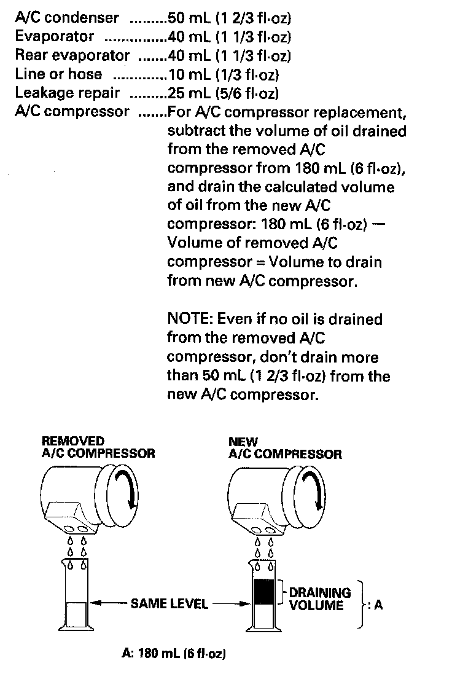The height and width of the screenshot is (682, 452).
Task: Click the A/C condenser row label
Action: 67,18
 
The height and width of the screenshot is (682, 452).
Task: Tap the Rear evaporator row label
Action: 72,57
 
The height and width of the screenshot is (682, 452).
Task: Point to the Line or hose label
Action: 58,76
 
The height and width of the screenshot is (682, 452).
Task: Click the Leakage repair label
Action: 67,94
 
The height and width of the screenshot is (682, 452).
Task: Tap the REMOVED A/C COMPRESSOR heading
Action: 98,448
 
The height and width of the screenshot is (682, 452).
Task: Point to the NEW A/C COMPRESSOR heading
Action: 285,448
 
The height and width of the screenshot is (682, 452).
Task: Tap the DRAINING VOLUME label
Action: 320,598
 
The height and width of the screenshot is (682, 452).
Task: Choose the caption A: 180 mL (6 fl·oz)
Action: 173,654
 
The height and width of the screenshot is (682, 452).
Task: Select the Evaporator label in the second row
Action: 55,37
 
